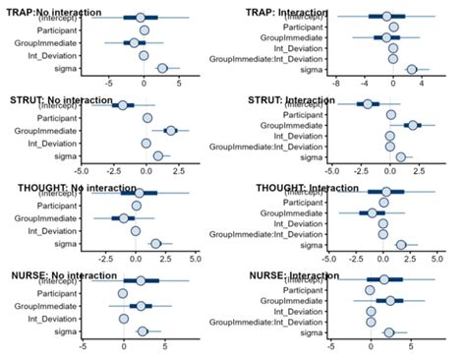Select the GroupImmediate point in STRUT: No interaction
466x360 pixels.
[x=170, y=131]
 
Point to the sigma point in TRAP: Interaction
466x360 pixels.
[x=412, y=70]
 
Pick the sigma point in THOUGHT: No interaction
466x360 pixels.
[x=155, y=244]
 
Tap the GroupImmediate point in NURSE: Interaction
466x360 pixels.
[x=390, y=300]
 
